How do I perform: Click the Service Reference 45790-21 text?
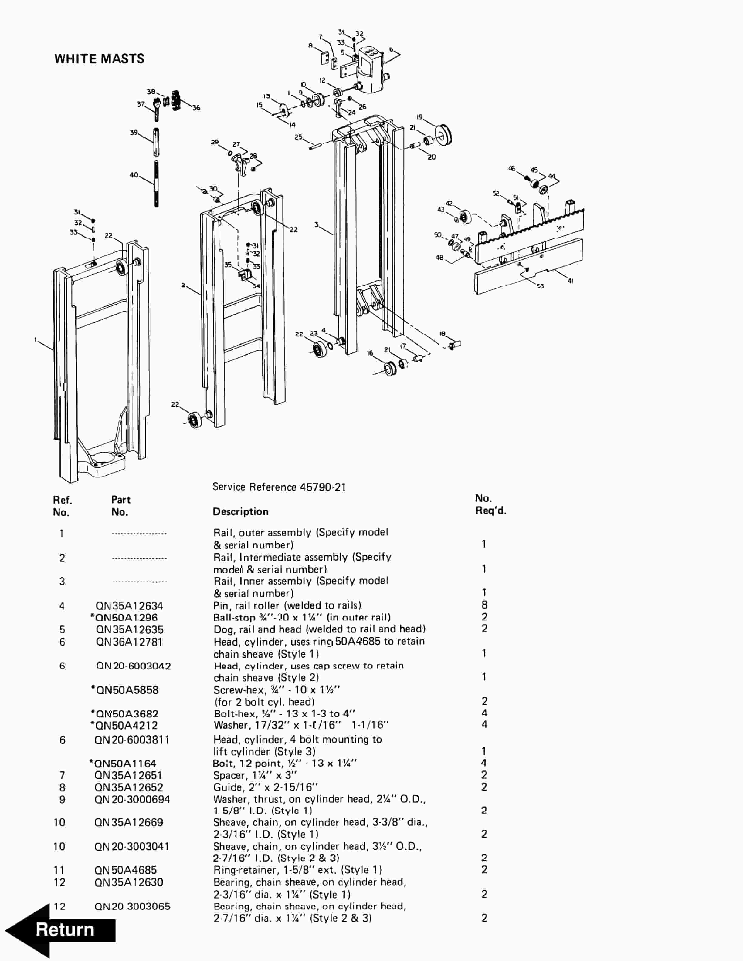click(x=279, y=487)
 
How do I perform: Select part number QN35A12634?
click(x=129, y=606)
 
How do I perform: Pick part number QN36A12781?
click(x=129, y=642)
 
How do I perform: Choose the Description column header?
click(x=240, y=512)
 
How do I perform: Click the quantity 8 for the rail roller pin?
click(x=484, y=605)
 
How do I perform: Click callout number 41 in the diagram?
click(x=571, y=281)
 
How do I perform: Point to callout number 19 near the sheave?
click(x=419, y=117)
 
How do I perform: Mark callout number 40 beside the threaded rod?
click(x=134, y=175)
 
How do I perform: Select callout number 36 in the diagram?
click(x=196, y=108)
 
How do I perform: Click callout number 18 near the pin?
click(x=442, y=334)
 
